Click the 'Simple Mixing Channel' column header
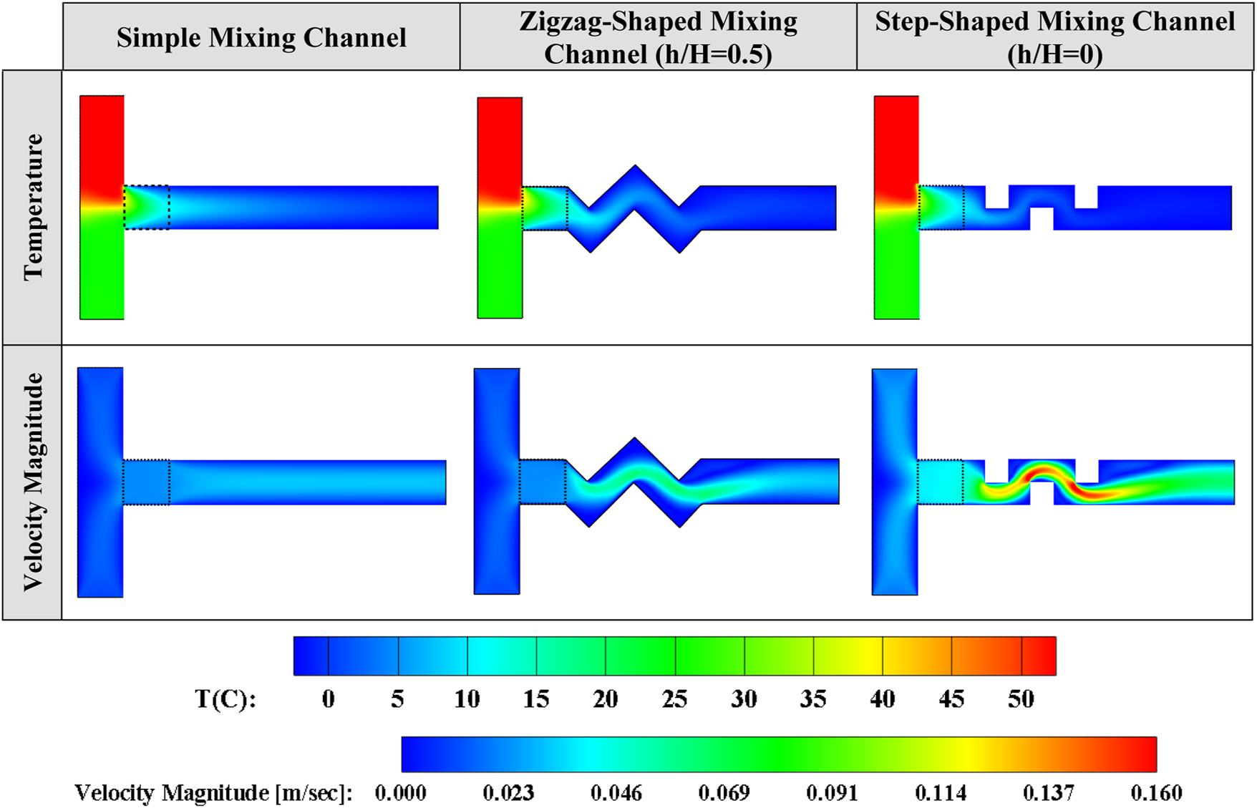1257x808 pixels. [x=261, y=37]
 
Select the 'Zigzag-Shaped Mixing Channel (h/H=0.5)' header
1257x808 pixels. [x=658, y=37]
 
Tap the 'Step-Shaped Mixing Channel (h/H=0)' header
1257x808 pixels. [x=1054, y=37]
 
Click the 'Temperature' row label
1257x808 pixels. [x=33, y=207]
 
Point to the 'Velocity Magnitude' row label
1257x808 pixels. [x=33, y=482]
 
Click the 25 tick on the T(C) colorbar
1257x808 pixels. [x=674, y=699]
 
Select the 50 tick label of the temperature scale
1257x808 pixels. [x=1021, y=699]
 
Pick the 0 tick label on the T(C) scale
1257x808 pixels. [x=328, y=699]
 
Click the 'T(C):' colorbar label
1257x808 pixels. [x=225, y=699]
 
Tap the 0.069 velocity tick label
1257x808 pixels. [x=724, y=792]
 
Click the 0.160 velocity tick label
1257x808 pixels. [x=1156, y=792]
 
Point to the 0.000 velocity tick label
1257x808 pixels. [x=400, y=792]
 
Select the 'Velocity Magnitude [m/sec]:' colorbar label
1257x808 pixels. [x=213, y=792]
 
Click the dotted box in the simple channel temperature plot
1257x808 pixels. [x=147, y=208]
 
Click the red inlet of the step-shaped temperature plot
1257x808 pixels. [x=896, y=143]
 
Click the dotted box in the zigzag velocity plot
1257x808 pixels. [x=543, y=482]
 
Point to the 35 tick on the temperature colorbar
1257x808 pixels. [x=813, y=699]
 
